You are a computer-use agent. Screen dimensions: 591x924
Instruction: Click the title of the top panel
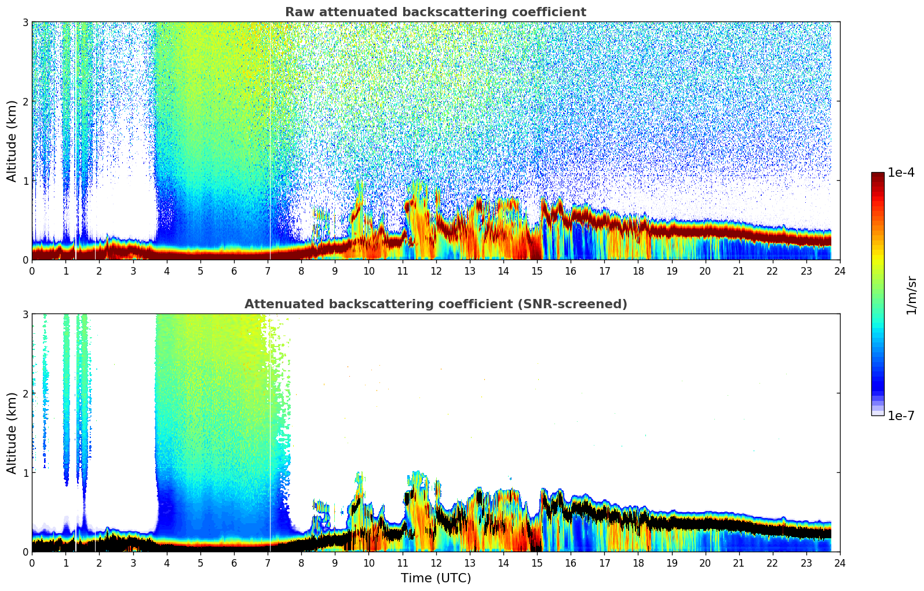tap(435, 12)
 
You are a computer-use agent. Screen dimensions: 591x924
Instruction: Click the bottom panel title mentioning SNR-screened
tap(435, 304)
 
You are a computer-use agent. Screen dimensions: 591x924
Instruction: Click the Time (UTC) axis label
tap(436, 578)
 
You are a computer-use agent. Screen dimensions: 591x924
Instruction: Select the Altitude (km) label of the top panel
tap(12, 141)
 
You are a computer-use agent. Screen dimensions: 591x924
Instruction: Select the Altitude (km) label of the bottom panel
tap(12, 433)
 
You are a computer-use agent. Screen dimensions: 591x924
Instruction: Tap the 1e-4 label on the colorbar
tap(901, 173)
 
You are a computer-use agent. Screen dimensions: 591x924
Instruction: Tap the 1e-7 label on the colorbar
tap(901, 415)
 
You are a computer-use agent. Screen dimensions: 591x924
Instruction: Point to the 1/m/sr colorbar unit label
tap(911, 294)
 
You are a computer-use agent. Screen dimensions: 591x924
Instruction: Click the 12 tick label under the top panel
tap(436, 271)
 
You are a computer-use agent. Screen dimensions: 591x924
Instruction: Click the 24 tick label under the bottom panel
tap(839, 563)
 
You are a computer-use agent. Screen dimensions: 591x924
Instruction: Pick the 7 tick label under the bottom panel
tap(268, 563)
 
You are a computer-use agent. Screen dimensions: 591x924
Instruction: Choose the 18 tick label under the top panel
tap(638, 271)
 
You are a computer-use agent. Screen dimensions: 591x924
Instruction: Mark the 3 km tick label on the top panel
tap(25, 22)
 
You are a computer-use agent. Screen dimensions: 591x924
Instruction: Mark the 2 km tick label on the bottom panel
tap(25, 393)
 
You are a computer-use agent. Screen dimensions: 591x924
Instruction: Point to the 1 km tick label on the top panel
tap(25, 181)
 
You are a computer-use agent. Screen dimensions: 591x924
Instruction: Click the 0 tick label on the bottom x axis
tap(32, 563)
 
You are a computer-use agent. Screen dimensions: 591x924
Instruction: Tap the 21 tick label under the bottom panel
tap(739, 563)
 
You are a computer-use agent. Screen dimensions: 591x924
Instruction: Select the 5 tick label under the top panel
tap(200, 271)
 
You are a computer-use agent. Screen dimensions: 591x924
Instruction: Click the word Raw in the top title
tap(297, 12)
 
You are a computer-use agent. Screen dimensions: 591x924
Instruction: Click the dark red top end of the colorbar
tap(877, 176)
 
